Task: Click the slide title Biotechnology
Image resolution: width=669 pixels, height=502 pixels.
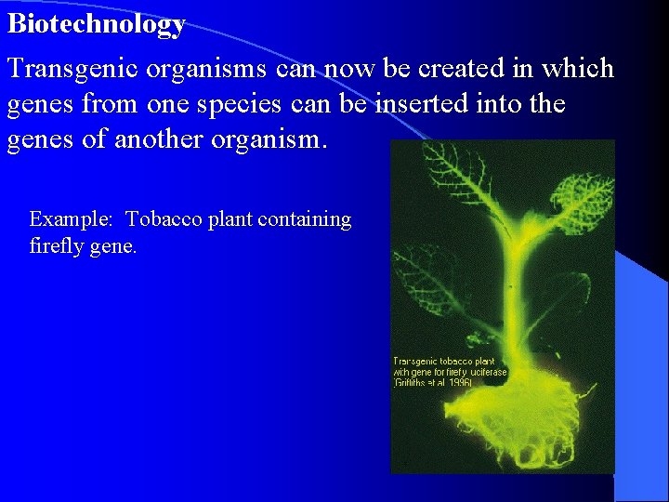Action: pos(97,24)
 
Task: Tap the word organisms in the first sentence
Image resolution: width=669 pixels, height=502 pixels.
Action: pos(210,69)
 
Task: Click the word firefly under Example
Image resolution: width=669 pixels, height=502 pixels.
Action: pos(54,246)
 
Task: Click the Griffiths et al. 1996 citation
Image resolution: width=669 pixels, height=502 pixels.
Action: pos(433,383)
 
